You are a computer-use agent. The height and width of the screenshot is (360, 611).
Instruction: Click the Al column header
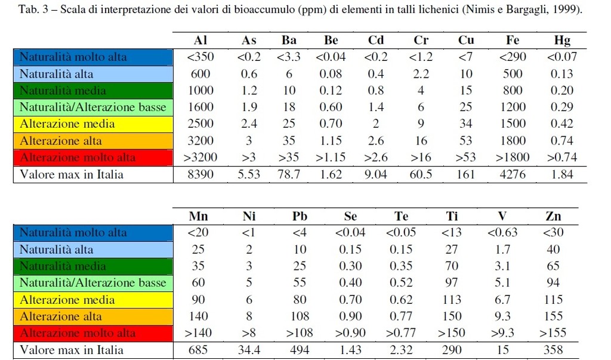pos(200,41)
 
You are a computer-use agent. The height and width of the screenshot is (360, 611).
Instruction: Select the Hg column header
pos(562,41)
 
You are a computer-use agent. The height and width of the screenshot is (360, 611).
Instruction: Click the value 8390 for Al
pos(200,175)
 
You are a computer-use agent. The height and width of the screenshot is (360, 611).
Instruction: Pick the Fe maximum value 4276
pos(512,175)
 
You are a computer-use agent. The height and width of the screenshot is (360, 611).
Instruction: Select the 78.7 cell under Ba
pos(289,175)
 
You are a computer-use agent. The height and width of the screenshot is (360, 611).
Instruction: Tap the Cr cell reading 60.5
pos(421,175)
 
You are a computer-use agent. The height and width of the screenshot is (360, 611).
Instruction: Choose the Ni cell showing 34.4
pos(249,350)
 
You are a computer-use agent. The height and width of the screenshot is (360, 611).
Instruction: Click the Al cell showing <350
pos(200,57)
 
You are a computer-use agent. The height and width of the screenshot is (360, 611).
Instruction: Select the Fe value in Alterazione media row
pos(512,124)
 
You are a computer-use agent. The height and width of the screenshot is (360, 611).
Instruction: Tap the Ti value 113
pos(452,300)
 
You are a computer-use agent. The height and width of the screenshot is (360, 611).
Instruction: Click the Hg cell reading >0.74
pos(562,158)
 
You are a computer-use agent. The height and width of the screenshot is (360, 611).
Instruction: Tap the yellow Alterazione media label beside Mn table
pos(67,300)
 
